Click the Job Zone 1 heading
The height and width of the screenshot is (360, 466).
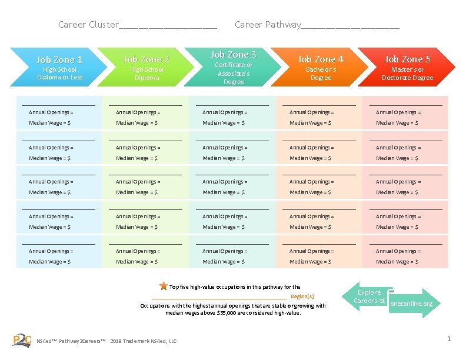tap(59, 59)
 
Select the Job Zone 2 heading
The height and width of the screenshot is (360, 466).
tap(147, 59)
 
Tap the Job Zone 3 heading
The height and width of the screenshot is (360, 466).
tap(234, 54)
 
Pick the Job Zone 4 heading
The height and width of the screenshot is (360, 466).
tap(321, 59)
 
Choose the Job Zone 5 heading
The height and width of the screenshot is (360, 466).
tap(407, 59)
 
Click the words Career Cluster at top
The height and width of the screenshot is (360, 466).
tap(88, 25)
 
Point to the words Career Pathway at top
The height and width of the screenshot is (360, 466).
tap(267, 25)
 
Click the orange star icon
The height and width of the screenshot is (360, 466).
tap(163, 286)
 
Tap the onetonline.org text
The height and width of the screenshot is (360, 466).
tap(411, 304)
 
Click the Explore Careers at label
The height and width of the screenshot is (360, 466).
tap(370, 296)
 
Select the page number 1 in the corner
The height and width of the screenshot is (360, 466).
tap(449, 339)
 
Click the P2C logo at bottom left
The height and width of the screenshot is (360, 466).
tap(22, 339)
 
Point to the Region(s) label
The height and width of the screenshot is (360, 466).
tap(302, 296)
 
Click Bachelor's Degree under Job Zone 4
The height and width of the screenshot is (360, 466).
tap(321, 74)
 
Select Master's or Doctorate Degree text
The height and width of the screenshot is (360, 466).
tap(407, 74)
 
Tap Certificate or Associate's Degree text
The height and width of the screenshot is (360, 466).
tap(234, 74)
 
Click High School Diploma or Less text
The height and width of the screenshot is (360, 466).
tap(59, 74)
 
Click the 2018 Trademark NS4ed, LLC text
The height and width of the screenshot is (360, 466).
tap(143, 341)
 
